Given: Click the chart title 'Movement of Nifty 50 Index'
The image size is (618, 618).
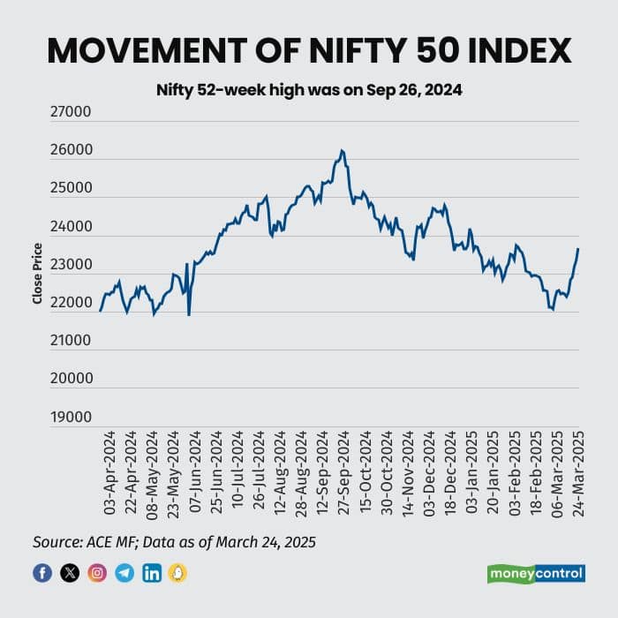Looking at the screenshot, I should point(309,50).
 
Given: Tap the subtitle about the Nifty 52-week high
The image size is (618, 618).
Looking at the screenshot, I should point(309,90).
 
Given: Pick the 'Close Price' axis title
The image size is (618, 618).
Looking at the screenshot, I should point(37,275).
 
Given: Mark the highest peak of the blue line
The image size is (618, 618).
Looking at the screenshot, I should point(342,151).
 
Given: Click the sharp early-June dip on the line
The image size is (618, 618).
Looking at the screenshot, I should point(189,313).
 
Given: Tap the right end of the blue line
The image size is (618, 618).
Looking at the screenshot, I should point(578,249).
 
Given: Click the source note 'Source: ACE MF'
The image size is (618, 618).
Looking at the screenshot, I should point(174,541).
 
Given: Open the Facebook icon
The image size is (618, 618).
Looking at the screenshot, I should point(42,573).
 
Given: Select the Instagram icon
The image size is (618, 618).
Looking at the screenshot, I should point(97,573).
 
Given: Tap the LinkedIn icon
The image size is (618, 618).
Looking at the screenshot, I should point(152,573).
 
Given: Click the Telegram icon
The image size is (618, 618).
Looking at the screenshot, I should point(124,573).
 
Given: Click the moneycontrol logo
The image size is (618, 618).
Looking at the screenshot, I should point(537,574).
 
